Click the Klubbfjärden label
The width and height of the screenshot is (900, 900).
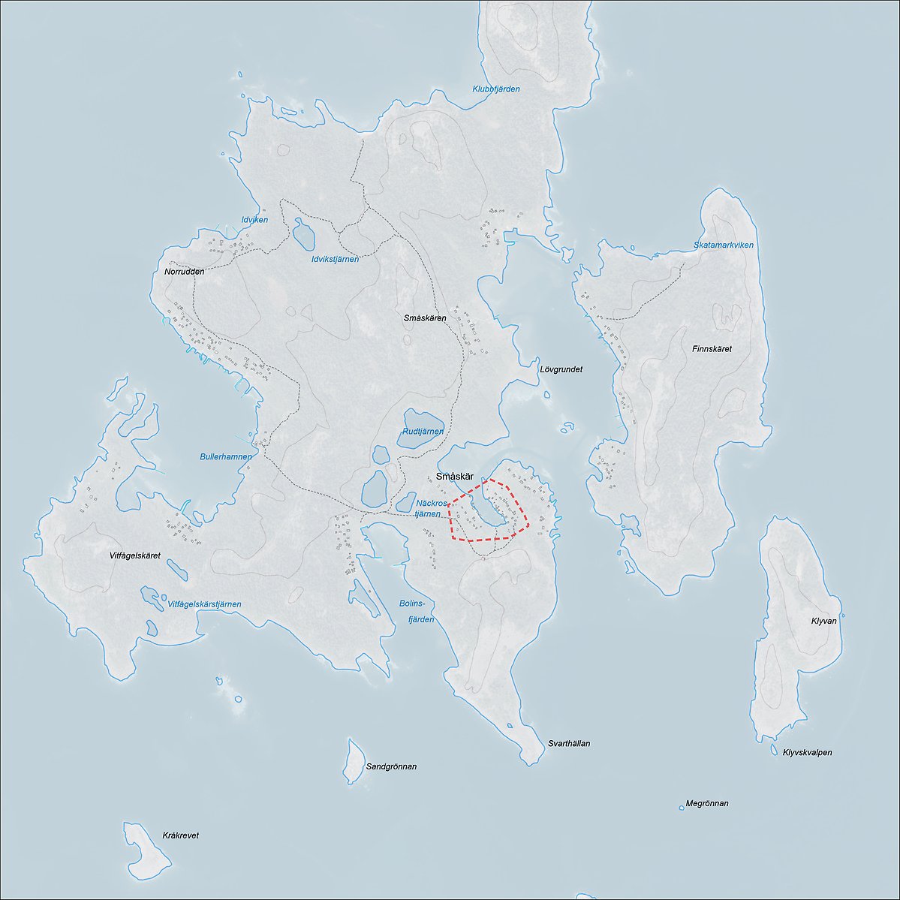(x=495, y=89)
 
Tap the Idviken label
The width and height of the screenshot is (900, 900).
(x=254, y=220)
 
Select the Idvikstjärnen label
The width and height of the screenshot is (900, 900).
(x=335, y=259)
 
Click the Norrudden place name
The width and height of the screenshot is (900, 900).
(x=184, y=272)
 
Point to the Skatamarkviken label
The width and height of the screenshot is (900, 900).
(x=723, y=245)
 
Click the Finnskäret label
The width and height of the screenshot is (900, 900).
(x=712, y=349)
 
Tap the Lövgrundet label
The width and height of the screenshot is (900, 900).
(x=561, y=369)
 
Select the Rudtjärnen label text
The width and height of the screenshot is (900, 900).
(x=423, y=432)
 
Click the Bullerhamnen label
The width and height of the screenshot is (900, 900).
(x=226, y=456)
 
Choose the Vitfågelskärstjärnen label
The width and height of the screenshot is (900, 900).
(x=204, y=604)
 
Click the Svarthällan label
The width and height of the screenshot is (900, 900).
(x=568, y=744)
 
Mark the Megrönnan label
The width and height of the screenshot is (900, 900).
(x=706, y=803)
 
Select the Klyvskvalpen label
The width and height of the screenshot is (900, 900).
(x=807, y=752)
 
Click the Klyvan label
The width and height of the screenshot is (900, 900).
(x=823, y=622)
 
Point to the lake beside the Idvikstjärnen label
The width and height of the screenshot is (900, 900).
(x=304, y=234)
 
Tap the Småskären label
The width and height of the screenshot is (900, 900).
(x=425, y=318)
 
